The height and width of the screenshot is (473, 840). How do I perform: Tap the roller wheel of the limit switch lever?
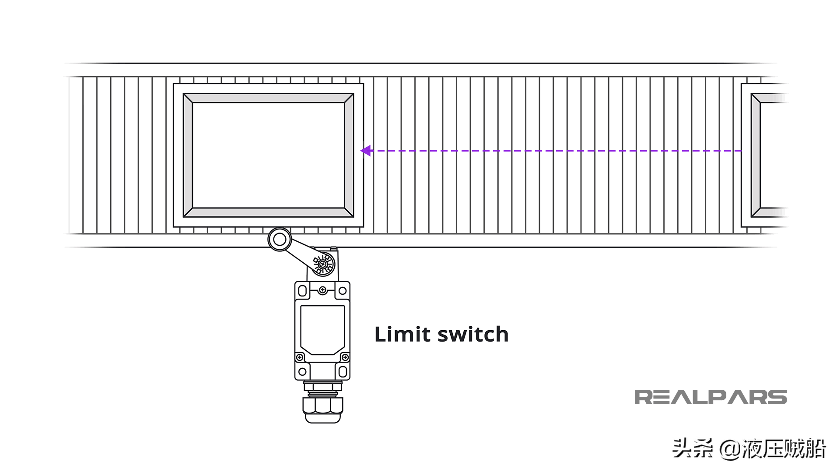click(280, 240)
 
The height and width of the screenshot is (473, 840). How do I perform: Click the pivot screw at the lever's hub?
click(323, 264)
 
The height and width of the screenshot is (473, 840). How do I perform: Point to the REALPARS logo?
click(710, 397)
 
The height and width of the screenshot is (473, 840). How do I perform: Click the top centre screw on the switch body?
click(322, 289)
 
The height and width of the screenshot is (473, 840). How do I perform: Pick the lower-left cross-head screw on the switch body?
click(300, 357)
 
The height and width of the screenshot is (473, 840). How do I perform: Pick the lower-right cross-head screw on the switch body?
click(345, 357)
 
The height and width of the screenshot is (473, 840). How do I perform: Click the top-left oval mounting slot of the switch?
click(302, 290)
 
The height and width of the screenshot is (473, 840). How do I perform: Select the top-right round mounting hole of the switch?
click(343, 290)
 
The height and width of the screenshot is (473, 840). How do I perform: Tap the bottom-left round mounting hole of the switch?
click(302, 372)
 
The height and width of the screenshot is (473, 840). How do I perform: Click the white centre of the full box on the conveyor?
click(268, 155)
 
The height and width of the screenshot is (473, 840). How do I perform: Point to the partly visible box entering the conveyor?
click(766, 155)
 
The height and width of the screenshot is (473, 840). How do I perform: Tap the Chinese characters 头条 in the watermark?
click(692, 448)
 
